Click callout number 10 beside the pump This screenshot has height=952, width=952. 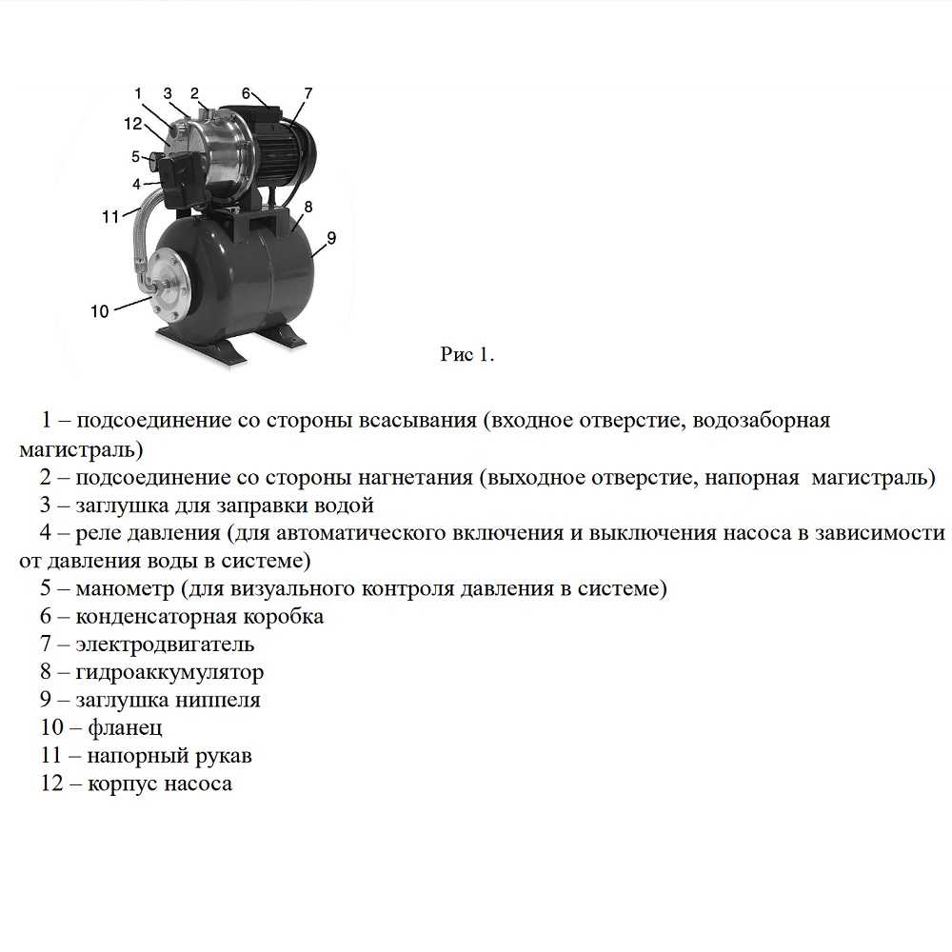coord(100,310)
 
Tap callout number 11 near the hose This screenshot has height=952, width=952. coord(110,217)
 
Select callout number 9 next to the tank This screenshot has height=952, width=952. coord(330,238)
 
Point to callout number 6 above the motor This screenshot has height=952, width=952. coord(246,93)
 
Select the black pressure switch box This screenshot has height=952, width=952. coord(177,181)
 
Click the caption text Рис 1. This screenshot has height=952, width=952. coord(467,355)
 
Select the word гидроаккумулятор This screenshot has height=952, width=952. coord(169,672)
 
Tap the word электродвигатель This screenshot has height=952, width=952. coord(165,645)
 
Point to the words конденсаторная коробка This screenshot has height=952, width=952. coord(199,616)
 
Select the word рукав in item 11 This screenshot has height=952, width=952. coord(225,756)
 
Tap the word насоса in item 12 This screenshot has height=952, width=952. coord(198,784)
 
